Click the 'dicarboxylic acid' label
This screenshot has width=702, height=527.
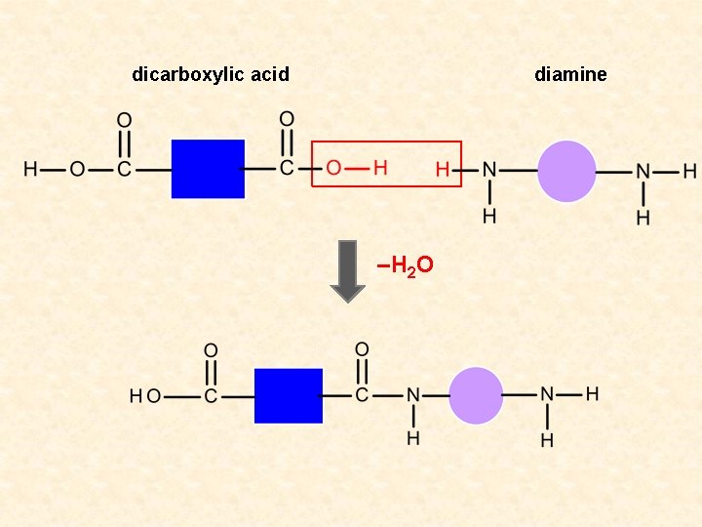[211, 74]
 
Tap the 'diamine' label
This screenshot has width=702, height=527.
[570, 74]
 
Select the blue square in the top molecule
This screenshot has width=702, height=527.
[208, 169]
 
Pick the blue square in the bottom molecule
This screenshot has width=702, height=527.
[289, 395]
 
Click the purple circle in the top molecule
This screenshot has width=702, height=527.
[566, 171]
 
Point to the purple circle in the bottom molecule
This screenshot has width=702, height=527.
[476, 395]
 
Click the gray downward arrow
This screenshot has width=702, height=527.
[347, 270]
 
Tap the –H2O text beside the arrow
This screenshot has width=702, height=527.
[405, 264]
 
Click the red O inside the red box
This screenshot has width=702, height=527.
[333, 169]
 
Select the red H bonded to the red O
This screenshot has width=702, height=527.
[380, 169]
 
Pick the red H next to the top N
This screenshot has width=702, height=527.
[443, 170]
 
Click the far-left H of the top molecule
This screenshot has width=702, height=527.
[31, 170]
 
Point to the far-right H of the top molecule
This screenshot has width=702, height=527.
[689, 171]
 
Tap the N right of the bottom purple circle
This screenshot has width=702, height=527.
[547, 395]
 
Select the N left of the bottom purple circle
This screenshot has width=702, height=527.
[413, 396]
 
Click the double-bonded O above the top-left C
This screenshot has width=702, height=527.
[124, 121]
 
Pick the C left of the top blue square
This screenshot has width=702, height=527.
[124, 170]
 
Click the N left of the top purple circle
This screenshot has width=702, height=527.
[489, 171]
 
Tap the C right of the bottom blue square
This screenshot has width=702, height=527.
[362, 395]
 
